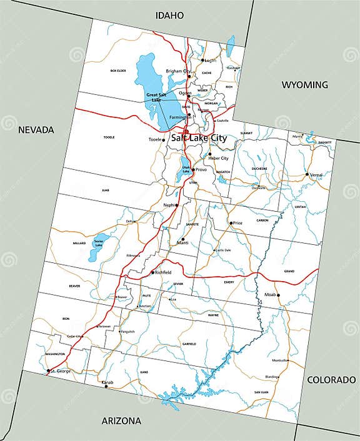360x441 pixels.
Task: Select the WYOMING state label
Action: [304, 85]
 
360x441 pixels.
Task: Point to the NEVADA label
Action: [36, 130]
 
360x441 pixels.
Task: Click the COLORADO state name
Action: [332, 380]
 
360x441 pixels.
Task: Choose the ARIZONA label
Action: [121, 420]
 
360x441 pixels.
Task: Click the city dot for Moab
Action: [279, 295]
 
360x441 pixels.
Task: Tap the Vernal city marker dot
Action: [307, 174]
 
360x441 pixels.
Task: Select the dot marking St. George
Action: [47, 371]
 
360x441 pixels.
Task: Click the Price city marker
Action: [231, 223]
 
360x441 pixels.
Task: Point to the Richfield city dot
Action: [152, 272]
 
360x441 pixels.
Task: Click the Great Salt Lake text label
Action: [156, 97]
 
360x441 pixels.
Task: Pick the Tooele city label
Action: [154, 139]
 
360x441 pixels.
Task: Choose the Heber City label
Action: [218, 159]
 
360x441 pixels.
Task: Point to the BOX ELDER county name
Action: [119, 71]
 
